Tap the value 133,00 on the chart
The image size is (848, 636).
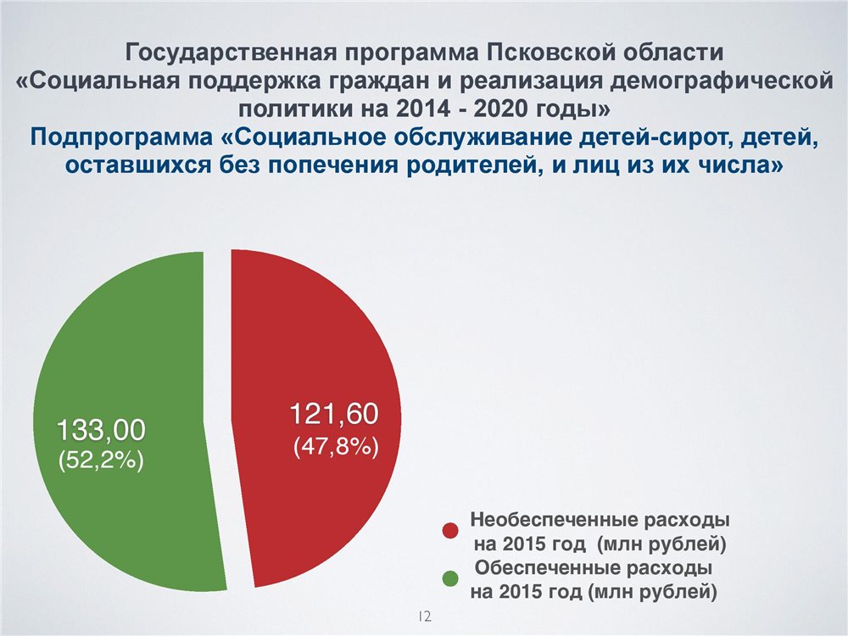(101, 431)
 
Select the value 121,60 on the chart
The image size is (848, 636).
(334, 414)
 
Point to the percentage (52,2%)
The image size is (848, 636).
(101, 460)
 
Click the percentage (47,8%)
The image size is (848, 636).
(336, 447)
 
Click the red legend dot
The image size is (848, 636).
(450, 531)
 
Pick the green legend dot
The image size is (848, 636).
(450, 578)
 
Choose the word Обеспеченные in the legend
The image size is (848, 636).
(547, 568)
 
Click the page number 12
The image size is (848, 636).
(425, 616)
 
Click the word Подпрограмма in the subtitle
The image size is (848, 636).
(121, 137)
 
